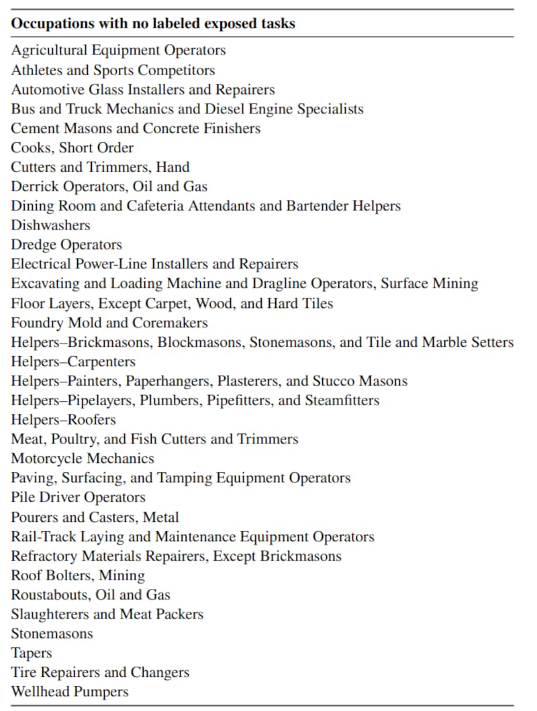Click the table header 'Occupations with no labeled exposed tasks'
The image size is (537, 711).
pyautogui.click(x=153, y=23)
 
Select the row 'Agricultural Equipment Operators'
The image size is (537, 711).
pyautogui.click(x=118, y=50)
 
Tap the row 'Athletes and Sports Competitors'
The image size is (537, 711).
pyautogui.click(x=113, y=70)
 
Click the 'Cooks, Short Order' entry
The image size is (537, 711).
pyautogui.click(x=72, y=148)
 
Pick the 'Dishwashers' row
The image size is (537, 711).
pyautogui.click(x=50, y=225)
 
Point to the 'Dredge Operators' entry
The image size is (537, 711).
pyautogui.click(x=66, y=245)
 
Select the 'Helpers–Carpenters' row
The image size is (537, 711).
pyautogui.click(x=73, y=362)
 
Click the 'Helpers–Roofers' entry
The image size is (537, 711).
pyautogui.click(x=63, y=420)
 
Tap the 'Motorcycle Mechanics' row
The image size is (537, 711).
pyautogui.click(x=83, y=459)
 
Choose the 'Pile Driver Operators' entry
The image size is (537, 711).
pyautogui.click(x=78, y=498)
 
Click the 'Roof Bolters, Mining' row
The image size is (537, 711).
pyautogui.click(x=78, y=576)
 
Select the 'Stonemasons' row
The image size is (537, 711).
pyautogui.click(x=52, y=634)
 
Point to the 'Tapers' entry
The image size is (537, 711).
pyautogui.click(x=31, y=653)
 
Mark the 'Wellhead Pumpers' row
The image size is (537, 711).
pyautogui.click(x=69, y=692)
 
